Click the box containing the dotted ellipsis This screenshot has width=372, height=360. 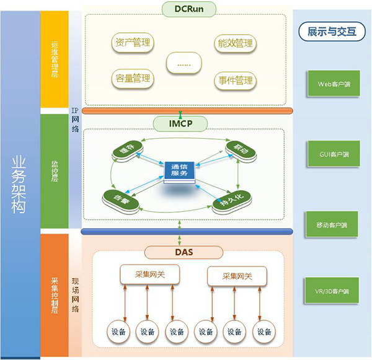pyautogui.click(x=184, y=63)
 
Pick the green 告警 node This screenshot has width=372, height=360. pyautogui.click(x=118, y=198)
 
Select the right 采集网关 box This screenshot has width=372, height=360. pyautogui.click(x=237, y=275)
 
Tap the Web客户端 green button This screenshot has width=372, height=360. pyautogui.click(x=332, y=83)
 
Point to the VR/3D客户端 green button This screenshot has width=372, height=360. pyautogui.click(x=332, y=290)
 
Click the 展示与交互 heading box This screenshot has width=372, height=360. pyautogui.click(x=332, y=32)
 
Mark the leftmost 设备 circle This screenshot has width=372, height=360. pyautogui.click(x=118, y=331)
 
